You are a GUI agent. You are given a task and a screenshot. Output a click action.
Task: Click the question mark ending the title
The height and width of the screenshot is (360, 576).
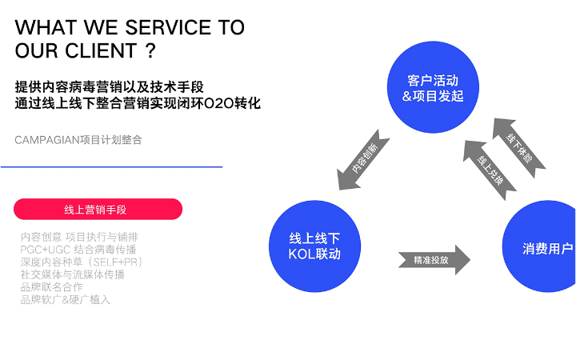[150, 51]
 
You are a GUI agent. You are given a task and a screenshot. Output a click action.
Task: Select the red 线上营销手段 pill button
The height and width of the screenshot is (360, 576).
[98, 210]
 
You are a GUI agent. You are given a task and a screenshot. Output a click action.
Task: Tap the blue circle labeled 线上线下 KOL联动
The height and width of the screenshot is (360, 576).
[314, 246]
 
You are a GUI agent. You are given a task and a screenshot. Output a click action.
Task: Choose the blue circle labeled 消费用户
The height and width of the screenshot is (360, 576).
[544, 248]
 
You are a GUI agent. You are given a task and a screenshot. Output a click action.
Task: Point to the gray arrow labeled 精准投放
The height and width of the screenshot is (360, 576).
[434, 260]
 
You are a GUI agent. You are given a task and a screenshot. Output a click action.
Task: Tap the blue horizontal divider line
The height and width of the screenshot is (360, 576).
[111, 166]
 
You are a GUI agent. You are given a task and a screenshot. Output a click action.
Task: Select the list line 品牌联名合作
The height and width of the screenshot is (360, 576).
[51, 286]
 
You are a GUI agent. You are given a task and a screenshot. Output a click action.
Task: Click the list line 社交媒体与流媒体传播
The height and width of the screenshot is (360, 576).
[72, 274]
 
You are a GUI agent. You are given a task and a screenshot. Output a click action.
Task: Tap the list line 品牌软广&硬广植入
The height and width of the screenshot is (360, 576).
[65, 299]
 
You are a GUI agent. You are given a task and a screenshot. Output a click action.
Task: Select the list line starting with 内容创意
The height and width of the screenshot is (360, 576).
[79, 237]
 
